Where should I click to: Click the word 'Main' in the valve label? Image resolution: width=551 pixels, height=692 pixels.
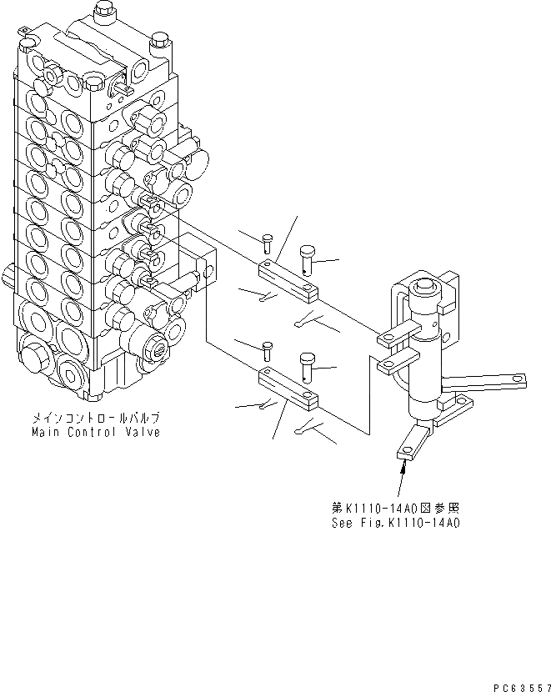46,433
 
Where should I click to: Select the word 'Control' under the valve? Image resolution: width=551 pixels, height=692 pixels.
92,433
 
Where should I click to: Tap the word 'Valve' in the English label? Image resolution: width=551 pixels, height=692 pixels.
141,433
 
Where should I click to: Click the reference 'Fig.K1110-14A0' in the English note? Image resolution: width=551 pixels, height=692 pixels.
409,523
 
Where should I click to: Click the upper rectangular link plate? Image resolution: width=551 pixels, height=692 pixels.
288,278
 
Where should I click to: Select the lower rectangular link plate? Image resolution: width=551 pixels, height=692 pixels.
288,388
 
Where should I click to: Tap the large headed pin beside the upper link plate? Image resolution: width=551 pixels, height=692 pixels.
307,254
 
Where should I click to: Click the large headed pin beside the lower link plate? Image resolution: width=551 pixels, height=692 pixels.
306,364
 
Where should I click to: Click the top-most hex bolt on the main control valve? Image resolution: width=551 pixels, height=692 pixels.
103,10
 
